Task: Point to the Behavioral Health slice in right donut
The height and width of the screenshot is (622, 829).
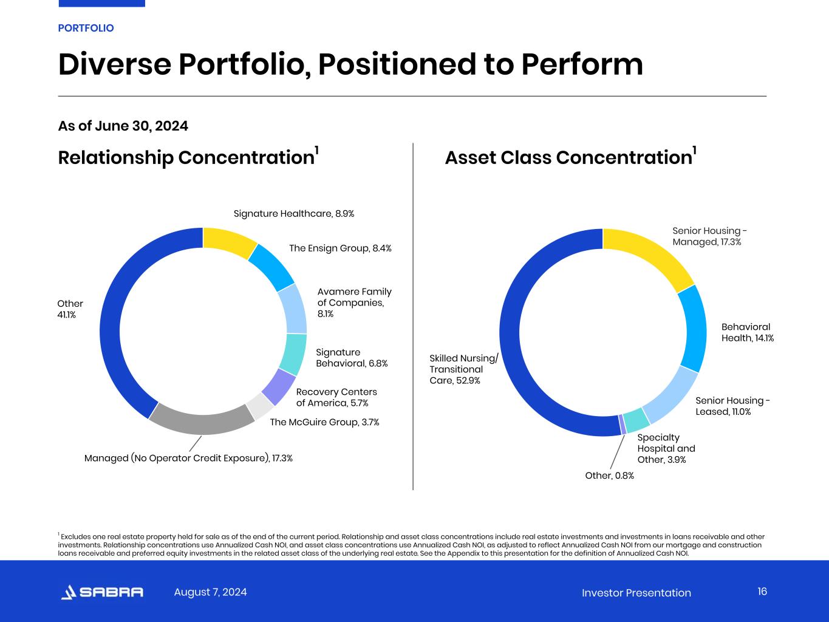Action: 693,328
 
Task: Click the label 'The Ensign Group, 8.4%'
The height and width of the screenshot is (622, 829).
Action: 340,248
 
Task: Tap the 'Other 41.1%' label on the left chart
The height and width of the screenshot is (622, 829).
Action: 70,309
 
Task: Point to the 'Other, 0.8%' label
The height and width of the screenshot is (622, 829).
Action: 609,476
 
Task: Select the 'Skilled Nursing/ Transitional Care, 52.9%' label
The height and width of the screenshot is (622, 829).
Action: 463,369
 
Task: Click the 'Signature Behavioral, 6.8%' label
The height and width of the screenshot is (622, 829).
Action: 352,358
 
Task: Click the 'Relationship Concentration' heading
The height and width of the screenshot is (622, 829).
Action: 186,158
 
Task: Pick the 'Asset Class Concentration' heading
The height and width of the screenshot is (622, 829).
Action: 568,158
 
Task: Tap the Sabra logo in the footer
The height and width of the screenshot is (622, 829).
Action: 102,592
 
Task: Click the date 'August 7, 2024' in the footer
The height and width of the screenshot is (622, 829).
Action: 210,592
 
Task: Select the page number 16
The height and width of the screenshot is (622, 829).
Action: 762,592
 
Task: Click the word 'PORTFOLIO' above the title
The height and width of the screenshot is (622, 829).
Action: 86,28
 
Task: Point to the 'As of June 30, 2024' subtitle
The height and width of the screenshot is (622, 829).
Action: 123,126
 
